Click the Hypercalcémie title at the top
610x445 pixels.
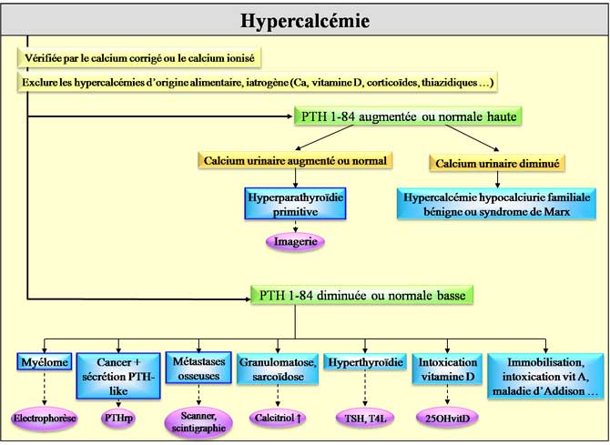click(x=305, y=20)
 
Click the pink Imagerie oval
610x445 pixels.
click(x=295, y=243)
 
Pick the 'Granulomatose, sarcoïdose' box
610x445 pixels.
click(x=279, y=370)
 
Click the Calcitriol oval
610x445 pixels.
click(x=279, y=418)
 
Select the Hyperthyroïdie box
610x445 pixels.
click(x=364, y=362)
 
